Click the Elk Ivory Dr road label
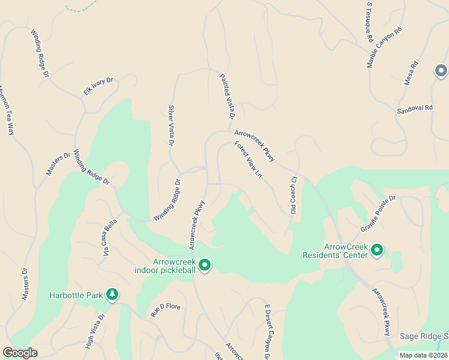(98, 88)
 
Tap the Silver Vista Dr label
(171, 126)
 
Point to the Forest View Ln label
(249, 159)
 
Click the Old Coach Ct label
(294, 195)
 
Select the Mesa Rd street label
(411, 73)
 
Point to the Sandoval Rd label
(415, 109)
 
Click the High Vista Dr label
(95, 331)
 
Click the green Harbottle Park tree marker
(112, 294)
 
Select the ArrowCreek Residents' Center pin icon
(377, 250)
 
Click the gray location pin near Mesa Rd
(441, 71)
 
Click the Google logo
(20, 352)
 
